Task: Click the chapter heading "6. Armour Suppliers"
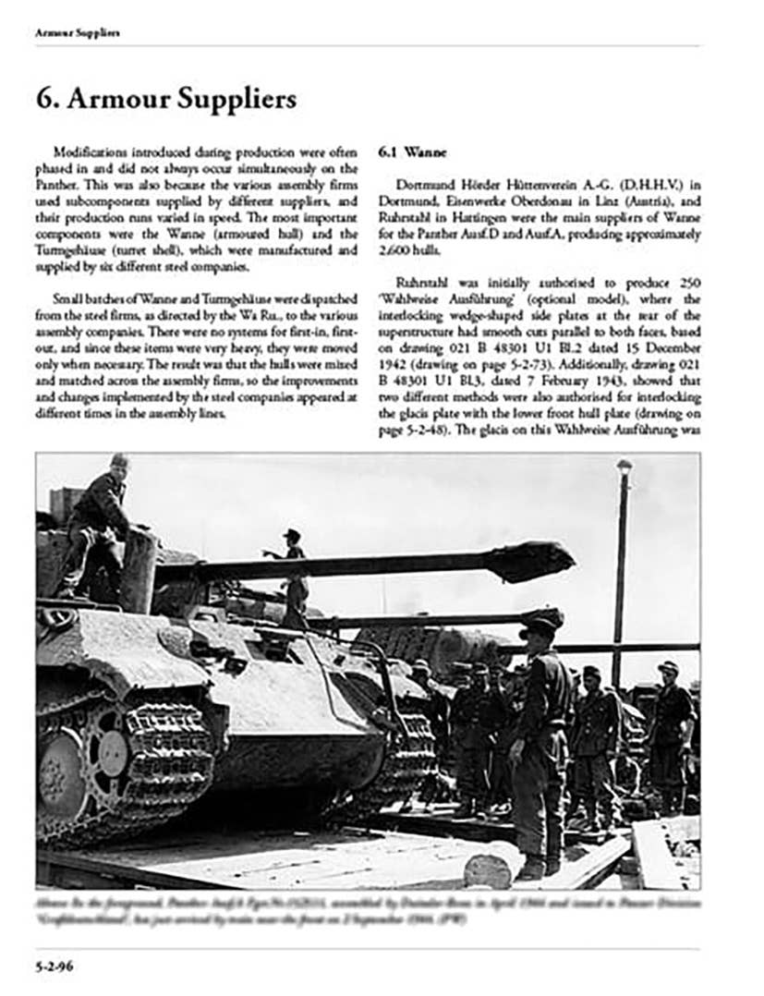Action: point(166,100)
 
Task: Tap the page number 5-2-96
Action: point(55,966)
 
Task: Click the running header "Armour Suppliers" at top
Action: point(78,33)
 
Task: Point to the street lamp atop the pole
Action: point(625,468)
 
